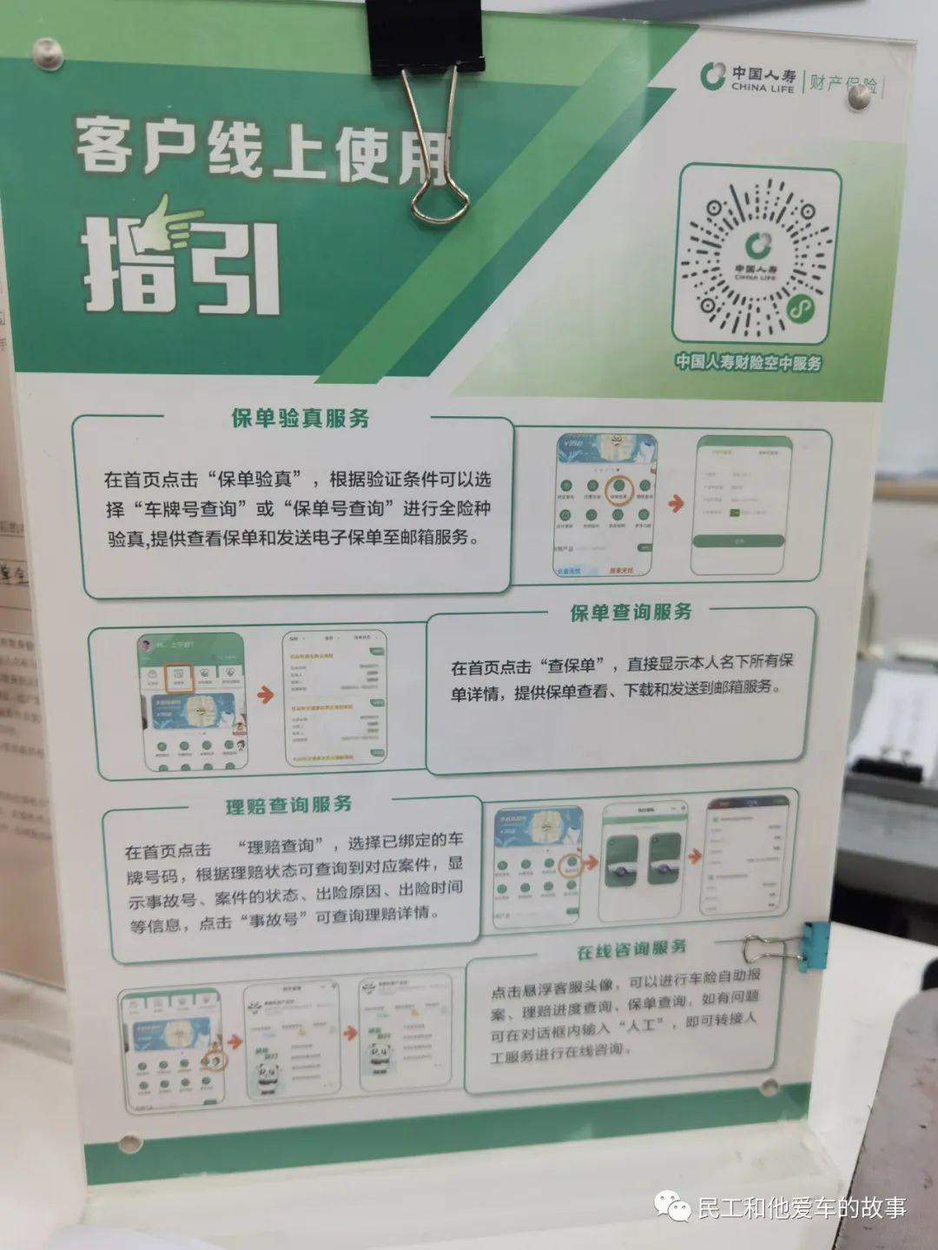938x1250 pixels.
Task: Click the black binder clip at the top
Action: (x=426, y=35)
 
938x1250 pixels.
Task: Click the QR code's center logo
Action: (x=754, y=247)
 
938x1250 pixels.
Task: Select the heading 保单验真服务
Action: (x=301, y=418)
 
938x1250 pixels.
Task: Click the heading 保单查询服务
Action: (x=631, y=612)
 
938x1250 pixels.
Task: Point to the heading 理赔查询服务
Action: (x=289, y=805)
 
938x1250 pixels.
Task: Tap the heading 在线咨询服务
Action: (x=631, y=949)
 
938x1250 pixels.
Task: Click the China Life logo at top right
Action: (x=714, y=76)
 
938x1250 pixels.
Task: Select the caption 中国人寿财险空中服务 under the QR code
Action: (x=748, y=363)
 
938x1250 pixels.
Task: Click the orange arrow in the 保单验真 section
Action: (x=674, y=503)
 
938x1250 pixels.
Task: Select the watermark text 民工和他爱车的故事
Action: (x=801, y=1207)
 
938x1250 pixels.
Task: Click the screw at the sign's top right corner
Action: (x=859, y=98)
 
